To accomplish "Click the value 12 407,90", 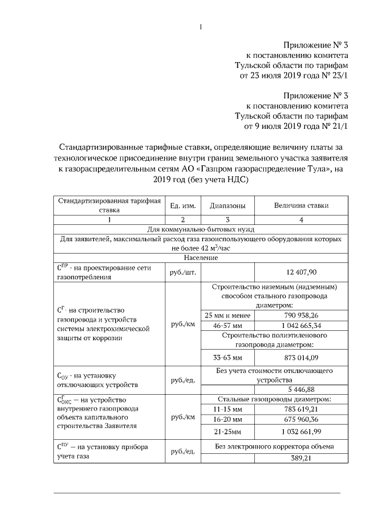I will point(301,272).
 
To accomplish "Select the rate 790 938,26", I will point(301,315).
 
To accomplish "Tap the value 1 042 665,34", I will point(301,325).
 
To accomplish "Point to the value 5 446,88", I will point(301,389).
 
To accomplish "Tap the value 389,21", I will point(301,458).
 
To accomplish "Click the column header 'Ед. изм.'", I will point(182,206).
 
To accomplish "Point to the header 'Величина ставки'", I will point(301,206).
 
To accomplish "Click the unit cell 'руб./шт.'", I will point(182,272).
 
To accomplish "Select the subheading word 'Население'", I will point(200,258).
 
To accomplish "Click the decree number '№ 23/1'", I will point(336,76).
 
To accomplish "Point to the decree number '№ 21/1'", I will point(336,126).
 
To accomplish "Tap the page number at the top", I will point(200,27).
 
